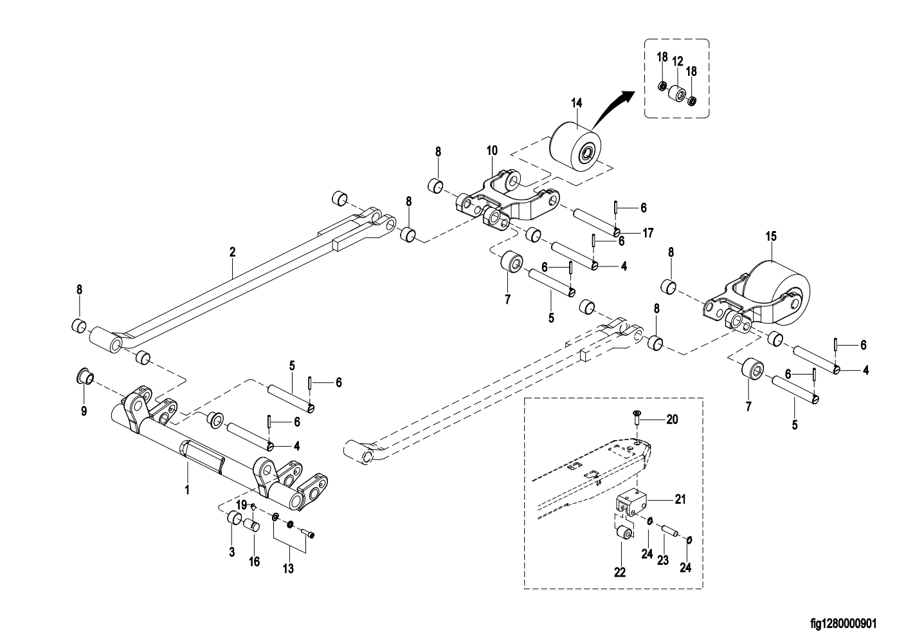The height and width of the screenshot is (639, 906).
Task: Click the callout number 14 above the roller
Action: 575,103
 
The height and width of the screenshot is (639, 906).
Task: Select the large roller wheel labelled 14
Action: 574,147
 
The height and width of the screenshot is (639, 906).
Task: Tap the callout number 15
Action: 771,237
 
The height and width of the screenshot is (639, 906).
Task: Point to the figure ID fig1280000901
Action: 843,624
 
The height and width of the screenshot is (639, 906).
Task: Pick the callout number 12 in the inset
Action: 677,62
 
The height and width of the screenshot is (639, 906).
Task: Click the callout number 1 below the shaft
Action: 187,490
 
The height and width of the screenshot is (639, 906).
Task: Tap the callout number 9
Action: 84,411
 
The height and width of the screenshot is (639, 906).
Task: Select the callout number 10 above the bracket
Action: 492,151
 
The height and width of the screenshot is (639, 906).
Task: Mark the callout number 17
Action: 648,233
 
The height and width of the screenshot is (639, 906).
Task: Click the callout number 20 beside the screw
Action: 672,420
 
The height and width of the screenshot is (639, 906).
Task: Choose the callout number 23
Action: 664,560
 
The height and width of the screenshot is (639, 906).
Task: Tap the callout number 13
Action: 288,568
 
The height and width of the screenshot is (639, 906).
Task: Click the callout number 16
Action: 255,562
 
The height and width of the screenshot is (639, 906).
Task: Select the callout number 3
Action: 232,551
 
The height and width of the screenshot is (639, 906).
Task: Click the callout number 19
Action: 241,504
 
